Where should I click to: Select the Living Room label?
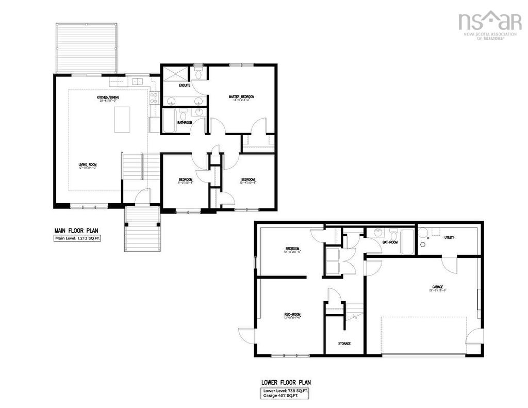tap(87, 166)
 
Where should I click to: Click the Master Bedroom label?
tap(241, 97)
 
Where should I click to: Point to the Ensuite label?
tap(178, 86)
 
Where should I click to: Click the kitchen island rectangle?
tap(122, 119)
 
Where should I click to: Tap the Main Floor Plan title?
tap(76, 231)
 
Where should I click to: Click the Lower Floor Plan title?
tap(286, 383)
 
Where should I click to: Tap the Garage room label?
tap(438, 287)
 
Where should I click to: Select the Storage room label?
tap(344, 343)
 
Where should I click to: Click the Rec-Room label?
tap(292, 315)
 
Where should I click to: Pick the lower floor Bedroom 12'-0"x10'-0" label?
tap(292, 250)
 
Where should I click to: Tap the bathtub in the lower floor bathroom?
tap(407, 242)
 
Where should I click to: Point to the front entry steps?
tap(143, 229)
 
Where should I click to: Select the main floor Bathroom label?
tap(185, 123)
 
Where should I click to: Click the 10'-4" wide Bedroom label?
tap(249, 180)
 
